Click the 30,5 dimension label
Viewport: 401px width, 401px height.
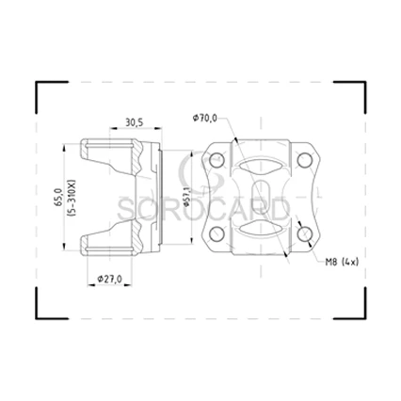135,122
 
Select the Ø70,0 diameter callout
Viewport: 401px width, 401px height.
205,118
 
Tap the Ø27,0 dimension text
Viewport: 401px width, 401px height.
109,279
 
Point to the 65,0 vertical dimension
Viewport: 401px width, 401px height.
58,198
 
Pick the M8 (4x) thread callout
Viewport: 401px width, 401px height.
342,262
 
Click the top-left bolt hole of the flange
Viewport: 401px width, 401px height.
217,160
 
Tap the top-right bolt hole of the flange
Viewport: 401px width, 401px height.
304,160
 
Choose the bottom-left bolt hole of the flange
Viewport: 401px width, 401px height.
217,234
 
